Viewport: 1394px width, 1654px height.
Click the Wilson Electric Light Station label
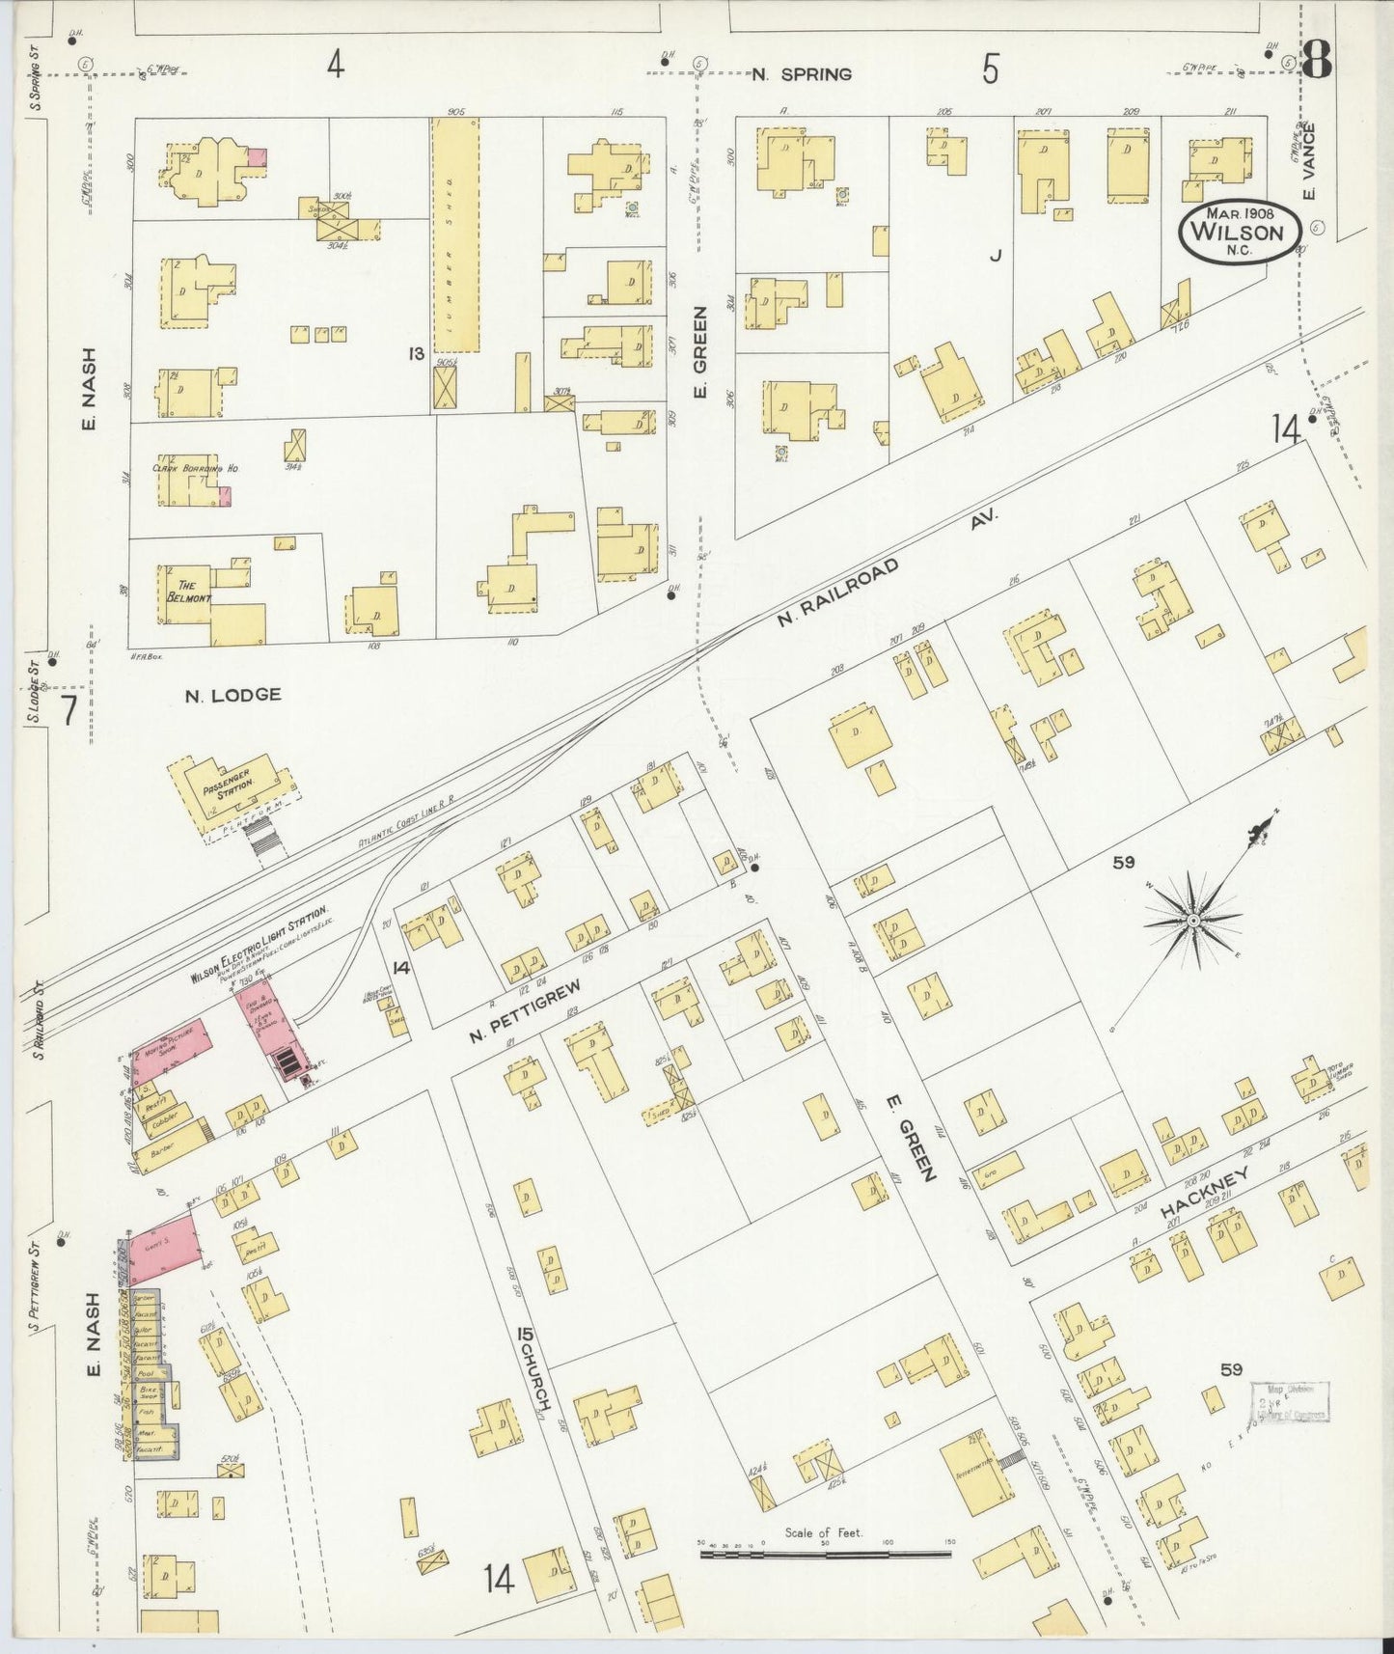pyautogui.click(x=260, y=944)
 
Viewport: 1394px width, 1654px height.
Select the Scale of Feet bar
pyautogui.click(x=825, y=1553)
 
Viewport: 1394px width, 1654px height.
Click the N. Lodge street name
pyautogui.click(x=233, y=694)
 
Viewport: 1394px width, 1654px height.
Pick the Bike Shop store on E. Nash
pyautogui.click(x=148, y=1392)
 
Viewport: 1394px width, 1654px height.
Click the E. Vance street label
pyautogui.click(x=1309, y=171)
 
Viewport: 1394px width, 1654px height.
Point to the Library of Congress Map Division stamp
pyautogui.click(x=1289, y=1402)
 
